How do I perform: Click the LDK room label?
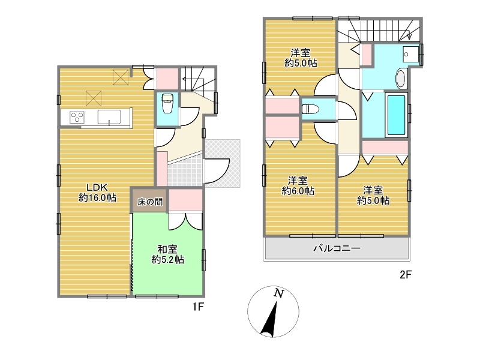pos(97,187)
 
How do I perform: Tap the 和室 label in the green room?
pos(167,249)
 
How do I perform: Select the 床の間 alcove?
pos(150,200)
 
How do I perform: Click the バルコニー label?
pos(337,248)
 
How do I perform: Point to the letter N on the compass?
pos(278,293)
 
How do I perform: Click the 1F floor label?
pos(198,307)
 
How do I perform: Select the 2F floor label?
pos(406,275)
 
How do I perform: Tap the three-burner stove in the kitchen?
pos(77,117)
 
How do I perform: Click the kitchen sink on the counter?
pos(109,117)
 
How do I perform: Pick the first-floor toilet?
pos(167,103)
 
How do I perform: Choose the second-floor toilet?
pos(310,109)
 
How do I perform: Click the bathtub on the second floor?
pos(397,115)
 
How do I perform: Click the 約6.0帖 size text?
pos(298,191)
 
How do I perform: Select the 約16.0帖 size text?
pos(97,197)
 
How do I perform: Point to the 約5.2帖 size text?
pos(168,260)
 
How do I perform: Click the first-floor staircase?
pos(199,79)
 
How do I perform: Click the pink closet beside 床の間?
pos(185,200)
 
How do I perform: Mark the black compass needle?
pos(269,319)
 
